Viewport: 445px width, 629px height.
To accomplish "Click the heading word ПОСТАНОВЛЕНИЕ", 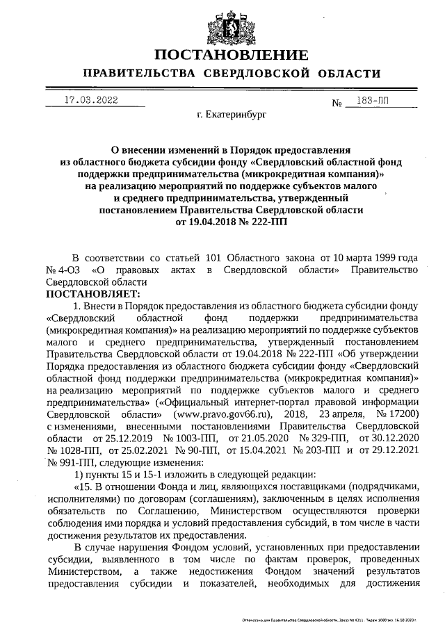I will (x=230, y=56).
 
